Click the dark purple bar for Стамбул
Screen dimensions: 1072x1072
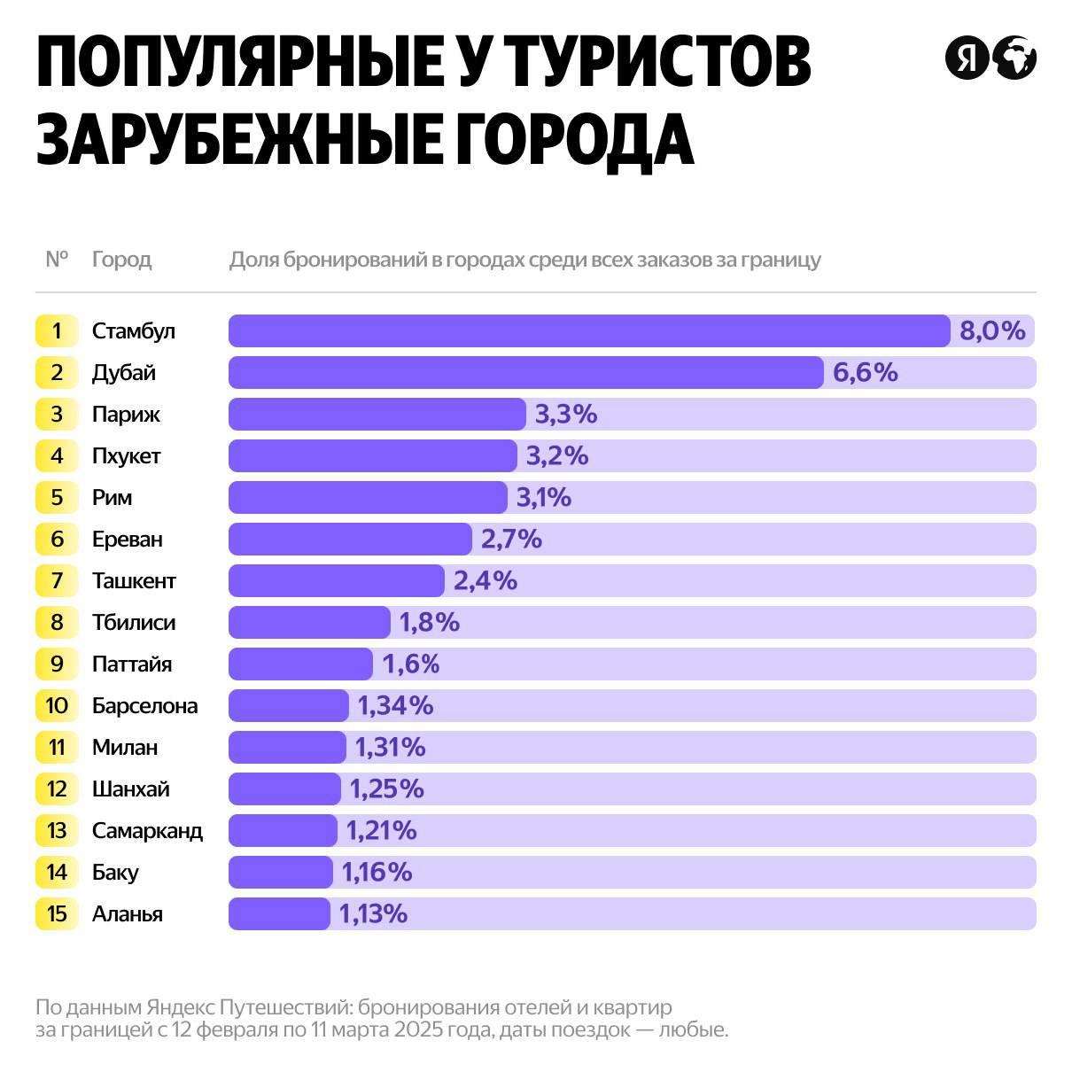click(589, 330)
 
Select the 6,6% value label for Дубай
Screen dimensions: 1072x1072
click(865, 372)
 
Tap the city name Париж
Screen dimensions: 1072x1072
click(126, 414)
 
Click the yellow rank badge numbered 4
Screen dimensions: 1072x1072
click(57, 455)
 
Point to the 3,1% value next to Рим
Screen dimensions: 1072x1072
click(543, 497)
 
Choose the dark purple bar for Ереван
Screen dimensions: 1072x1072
click(350, 539)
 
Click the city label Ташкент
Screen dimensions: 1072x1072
click(134, 580)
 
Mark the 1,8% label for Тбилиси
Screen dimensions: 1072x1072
click(429, 622)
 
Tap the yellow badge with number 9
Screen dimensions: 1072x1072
click(57, 664)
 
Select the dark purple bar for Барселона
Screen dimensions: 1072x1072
click(289, 705)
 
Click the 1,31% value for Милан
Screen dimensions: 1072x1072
click(390, 747)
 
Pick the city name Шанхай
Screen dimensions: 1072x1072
click(130, 788)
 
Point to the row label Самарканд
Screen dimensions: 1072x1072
click(147, 830)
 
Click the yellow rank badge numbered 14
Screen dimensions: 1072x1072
click(57, 872)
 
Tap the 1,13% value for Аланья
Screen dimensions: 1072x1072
click(373, 913)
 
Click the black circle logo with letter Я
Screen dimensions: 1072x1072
click(966, 58)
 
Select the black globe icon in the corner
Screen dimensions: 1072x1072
click(1014, 58)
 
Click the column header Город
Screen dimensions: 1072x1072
click(121, 260)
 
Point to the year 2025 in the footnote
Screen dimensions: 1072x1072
click(421, 1030)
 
